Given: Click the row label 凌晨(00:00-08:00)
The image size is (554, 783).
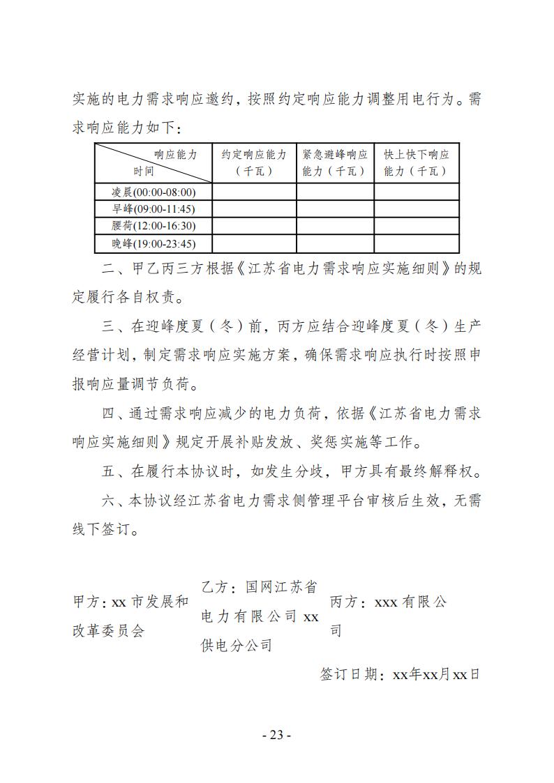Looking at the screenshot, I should tap(154, 192).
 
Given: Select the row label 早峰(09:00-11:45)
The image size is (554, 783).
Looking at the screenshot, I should tap(154, 208).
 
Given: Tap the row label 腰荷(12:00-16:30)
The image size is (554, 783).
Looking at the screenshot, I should tap(154, 226).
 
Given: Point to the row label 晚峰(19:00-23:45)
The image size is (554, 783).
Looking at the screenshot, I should tap(154, 243).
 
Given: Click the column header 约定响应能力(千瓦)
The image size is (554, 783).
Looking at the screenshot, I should tap(254, 162).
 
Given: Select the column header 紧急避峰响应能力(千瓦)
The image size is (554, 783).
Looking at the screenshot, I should tap(335, 162).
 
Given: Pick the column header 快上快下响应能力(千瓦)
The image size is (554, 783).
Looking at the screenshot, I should tap(417, 162).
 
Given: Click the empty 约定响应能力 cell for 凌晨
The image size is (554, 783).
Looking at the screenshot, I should tap(254, 192).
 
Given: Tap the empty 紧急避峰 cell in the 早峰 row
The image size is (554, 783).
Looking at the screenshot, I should tap(335, 208).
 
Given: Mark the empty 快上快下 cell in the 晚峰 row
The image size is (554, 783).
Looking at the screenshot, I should tap(417, 243).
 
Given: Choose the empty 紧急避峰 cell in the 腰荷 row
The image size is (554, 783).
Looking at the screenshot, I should tap(335, 226).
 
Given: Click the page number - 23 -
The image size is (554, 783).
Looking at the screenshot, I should tap(276, 734).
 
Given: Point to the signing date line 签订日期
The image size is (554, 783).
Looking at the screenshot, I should tap(400, 674).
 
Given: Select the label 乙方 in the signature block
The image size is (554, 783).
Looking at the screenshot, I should tap(214, 587).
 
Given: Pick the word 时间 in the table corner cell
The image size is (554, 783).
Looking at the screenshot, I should tap(144, 171).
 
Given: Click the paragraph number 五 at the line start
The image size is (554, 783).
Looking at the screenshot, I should tap(108, 471).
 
